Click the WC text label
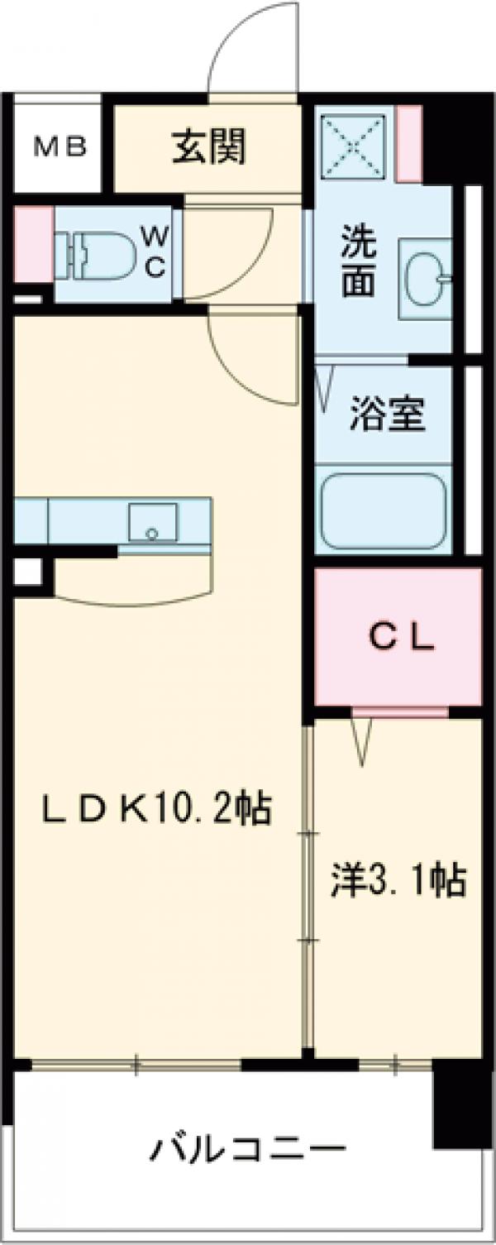pyautogui.click(x=156, y=252)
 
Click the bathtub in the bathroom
pyautogui.click(x=384, y=510)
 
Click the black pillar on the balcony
pyautogui.click(x=461, y=1105)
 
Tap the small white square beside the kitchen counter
pyautogui.click(x=28, y=570)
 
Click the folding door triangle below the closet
pyautogui.click(x=361, y=739)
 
